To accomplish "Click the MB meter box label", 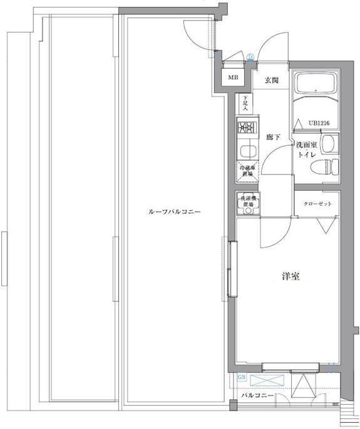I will coord(233,78).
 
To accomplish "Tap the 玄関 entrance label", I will coord(270,80).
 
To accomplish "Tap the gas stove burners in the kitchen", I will coord(245,128).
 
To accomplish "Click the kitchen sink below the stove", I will coord(245,150).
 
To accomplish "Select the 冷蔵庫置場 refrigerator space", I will coord(245,171).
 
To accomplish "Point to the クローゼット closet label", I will coord(317,204).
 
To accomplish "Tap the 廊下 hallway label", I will coord(272,137).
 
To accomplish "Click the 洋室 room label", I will coord(289,276).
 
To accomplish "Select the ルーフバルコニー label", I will coord(173,213).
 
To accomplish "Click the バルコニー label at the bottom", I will coord(256,396).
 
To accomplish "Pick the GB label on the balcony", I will coord(242,377).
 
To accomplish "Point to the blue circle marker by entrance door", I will coord(250,57).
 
